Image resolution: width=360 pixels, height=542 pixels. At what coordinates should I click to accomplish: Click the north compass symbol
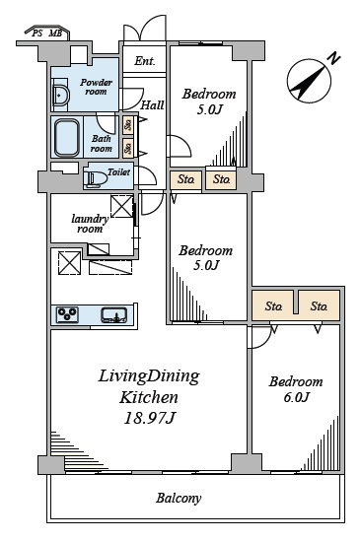click(x=309, y=81)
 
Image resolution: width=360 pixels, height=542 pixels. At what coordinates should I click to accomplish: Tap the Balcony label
click(x=179, y=498)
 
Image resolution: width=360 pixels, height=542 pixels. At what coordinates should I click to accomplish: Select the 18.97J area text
click(x=149, y=419)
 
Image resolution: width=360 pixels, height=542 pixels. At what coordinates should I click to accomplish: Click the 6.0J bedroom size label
click(x=296, y=397)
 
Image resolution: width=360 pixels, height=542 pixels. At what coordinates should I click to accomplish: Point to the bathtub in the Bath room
click(x=67, y=138)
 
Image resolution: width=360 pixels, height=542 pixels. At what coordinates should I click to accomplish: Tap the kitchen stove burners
click(x=67, y=315)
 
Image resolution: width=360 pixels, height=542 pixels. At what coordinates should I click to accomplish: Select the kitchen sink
click(x=114, y=315)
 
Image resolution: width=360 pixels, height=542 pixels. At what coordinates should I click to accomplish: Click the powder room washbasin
click(x=60, y=94)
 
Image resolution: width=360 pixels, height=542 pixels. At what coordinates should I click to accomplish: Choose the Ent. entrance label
click(x=145, y=61)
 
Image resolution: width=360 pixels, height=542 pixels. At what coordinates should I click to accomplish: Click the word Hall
click(x=152, y=104)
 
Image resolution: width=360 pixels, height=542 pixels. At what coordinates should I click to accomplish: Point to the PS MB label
click(x=47, y=34)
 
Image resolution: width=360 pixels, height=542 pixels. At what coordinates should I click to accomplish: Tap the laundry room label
click(x=90, y=224)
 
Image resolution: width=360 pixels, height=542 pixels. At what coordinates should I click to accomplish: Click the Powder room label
click(x=96, y=87)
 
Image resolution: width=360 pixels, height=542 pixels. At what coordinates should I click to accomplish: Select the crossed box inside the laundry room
click(x=121, y=206)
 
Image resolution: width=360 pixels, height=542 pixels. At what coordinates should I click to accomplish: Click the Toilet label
click(x=118, y=171)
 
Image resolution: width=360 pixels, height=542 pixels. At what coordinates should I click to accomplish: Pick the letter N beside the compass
click(x=333, y=58)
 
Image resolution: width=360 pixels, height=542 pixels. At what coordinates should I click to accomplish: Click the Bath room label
click(x=101, y=144)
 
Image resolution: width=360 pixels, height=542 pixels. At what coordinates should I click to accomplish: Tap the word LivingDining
click(x=149, y=376)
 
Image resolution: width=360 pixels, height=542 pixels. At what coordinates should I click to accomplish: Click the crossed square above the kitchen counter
click(x=69, y=263)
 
